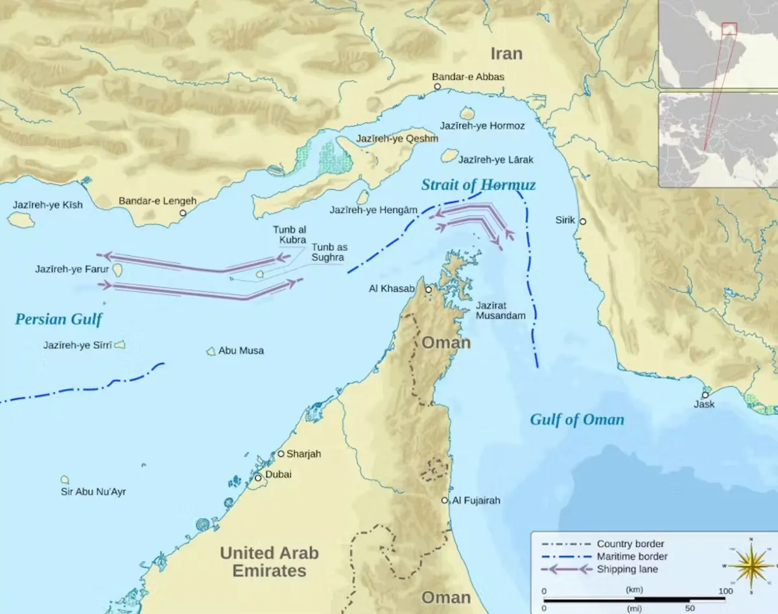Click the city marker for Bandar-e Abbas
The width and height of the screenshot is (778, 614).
(437, 86)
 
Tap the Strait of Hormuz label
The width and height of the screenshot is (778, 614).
(478, 185)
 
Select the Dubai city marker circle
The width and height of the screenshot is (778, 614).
(257, 478)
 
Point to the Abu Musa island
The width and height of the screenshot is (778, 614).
(211, 351)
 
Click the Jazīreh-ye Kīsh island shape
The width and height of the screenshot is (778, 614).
(21, 220)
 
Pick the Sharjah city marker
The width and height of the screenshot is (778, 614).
(281, 454)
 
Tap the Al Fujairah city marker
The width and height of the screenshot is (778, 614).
(445, 501)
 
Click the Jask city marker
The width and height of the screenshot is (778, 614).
(705, 395)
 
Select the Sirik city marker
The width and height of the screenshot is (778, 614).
(582, 222)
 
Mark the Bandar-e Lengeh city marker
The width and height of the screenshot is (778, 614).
(183, 213)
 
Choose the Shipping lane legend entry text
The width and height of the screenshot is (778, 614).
(627, 569)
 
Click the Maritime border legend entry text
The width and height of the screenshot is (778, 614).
(631, 556)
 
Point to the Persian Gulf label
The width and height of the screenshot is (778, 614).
(59, 319)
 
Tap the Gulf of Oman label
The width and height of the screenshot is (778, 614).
(577, 419)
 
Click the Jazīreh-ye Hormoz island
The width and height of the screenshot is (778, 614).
(466, 113)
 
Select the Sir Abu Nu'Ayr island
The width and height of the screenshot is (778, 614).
(65, 480)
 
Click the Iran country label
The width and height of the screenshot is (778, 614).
(506, 53)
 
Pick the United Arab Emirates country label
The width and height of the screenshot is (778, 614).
(269, 561)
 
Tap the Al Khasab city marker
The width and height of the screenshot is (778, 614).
(428, 289)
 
